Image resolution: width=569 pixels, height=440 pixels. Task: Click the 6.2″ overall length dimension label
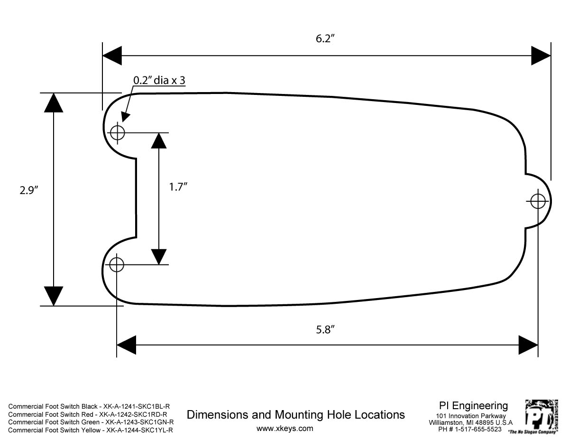(325, 39)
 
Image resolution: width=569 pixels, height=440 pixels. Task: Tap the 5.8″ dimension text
(325, 330)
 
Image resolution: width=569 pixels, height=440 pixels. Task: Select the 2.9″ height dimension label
(29, 190)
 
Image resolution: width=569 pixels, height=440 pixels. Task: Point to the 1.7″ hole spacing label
(178, 187)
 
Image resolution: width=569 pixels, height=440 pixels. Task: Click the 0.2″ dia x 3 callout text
(159, 80)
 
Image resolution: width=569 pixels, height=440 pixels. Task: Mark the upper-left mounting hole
(117, 132)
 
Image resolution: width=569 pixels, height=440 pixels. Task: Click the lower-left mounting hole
(117, 265)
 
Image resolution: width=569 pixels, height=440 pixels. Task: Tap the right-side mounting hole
(538, 201)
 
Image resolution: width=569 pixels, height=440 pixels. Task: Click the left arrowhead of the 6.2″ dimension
(112, 56)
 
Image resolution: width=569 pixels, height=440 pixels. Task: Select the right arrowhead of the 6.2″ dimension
(541, 56)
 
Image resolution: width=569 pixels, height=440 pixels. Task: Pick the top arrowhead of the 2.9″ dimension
(54, 103)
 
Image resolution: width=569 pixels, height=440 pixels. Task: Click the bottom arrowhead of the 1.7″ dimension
(159, 257)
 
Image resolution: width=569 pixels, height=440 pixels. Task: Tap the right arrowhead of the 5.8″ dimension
(528, 345)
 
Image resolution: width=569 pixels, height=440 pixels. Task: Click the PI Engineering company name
(473, 406)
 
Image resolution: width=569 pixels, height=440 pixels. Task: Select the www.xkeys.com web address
(285, 429)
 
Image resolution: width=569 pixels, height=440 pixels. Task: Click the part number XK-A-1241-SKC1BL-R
(137, 406)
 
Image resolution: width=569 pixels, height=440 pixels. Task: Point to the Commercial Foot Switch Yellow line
(91, 431)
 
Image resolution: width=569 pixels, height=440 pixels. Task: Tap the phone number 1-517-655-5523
(479, 429)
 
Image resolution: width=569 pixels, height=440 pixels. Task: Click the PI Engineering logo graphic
(541, 416)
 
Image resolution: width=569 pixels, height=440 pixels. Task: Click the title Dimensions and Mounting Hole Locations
(295, 415)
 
